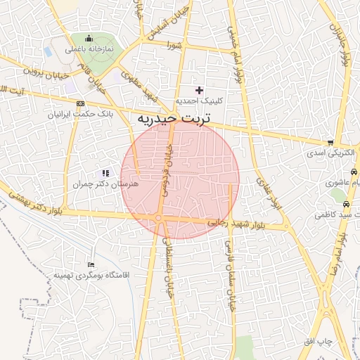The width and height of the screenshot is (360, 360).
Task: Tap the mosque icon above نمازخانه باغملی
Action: coord(89,39)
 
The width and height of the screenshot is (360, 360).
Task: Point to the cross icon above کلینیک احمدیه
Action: coord(200,90)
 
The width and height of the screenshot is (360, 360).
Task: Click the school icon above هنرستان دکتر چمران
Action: coord(105,173)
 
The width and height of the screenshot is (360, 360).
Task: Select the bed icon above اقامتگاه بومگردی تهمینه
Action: coord(91,264)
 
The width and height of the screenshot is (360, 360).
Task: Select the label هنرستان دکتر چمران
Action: coord(106,184)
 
